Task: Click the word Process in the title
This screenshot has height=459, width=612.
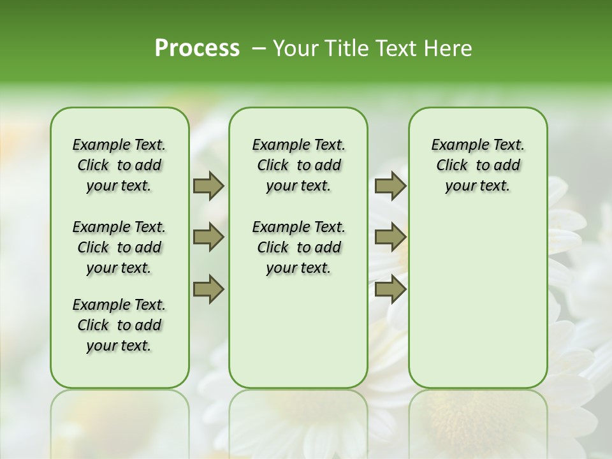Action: click(x=197, y=48)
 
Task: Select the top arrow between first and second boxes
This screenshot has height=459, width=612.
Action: click(x=208, y=186)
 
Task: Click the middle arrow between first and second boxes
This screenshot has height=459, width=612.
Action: click(x=208, y=237)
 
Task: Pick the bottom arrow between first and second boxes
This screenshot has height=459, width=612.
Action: click(x=208, y=289)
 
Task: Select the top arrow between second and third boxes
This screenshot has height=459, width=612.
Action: click(x=390, y=186)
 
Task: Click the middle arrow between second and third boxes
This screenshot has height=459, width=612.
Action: click(x=390, y=237)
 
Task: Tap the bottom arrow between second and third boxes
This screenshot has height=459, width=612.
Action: click(x=390, y=289)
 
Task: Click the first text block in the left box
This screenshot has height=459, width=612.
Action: click(x=119, y=165)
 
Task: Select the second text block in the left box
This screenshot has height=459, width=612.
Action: click(x=119, y=247)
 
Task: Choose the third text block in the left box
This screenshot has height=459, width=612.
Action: click(x=119, y=325)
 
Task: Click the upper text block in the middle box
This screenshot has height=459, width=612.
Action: click(x=298, y=165)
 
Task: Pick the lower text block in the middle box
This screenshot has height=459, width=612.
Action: click(x=298, y=247)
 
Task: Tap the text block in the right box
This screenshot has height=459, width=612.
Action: click(x=477, y=165)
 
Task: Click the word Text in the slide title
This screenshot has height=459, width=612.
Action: click(x=391, y=48)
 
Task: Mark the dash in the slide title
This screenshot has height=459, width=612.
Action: click(x=258, y=49)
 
